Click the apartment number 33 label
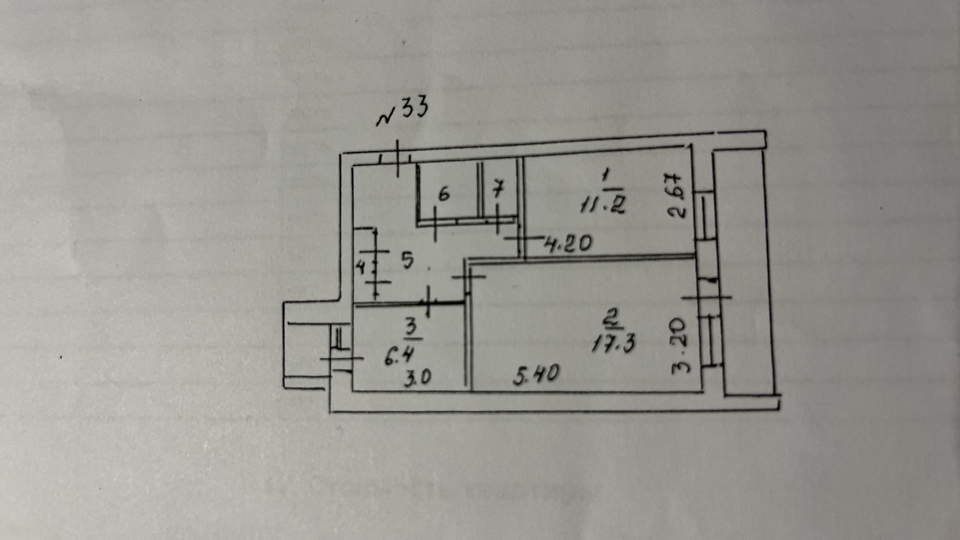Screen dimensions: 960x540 [x=403, y=111]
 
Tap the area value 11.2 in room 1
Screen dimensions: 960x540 [x=602, y=204]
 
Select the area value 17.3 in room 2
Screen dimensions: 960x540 [x=614, y=344]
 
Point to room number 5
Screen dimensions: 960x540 [x=408, y=260]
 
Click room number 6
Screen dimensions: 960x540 [x=444, y=194]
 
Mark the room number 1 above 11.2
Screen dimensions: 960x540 [x=606, y=176]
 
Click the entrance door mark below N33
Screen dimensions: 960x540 [x=398, y=159]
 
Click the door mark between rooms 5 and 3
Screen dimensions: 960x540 [x=429, y=301]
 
